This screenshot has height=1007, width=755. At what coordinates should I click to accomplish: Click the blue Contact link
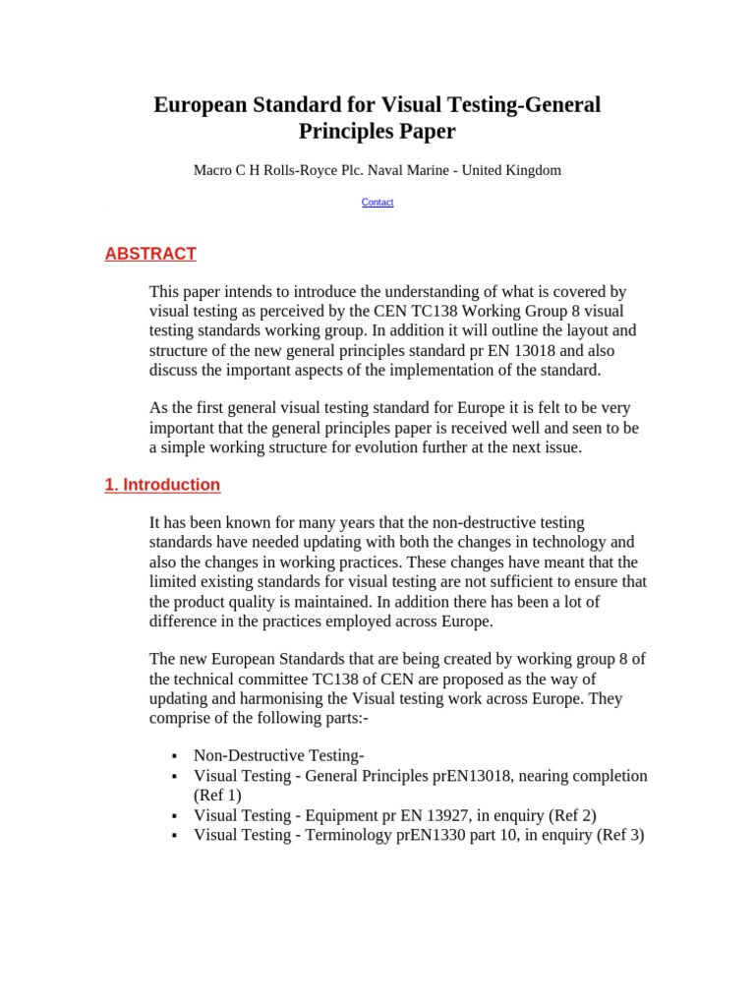tap(377, 203)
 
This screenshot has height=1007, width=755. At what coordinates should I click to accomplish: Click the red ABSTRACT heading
tap(150, 254)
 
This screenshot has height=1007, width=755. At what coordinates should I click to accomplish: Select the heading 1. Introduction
tap(162, 485)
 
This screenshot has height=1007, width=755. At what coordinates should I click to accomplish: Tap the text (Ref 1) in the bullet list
tap(217, 796)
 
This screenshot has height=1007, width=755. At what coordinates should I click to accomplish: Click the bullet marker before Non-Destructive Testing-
tap(174, 756)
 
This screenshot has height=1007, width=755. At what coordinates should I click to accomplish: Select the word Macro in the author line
tap(212, 170)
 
